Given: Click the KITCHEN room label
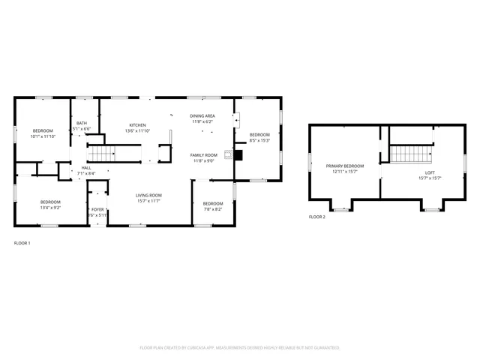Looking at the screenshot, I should [x=137, y=125].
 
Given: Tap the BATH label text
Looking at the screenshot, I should [x=81, y=123].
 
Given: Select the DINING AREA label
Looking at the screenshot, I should [x=202, y=115].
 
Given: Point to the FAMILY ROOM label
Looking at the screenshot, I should [x=203, y=154].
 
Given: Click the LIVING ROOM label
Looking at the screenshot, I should [x=148, y=195].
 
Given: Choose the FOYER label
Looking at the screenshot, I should [x=97, y=209].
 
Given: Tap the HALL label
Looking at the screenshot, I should [x=86, y=168].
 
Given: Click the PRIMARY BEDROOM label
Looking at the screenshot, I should [x=344, y=166].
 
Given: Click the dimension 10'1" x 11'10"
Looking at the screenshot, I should [x=43, y=136].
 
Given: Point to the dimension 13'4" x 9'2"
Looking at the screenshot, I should [x=50, y=208].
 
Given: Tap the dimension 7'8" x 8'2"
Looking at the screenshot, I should [x=213, y=209].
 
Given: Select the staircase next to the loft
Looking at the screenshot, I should [x=411, y=154].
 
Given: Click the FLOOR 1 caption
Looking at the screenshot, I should [x=22, y=243].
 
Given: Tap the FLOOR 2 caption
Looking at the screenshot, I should [x=317, y=217].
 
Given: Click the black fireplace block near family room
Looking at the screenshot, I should [x=238, y=156].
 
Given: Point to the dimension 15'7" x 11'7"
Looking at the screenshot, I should [x=148, y=201].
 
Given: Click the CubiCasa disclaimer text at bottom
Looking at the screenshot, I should [x=240, y=348].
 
